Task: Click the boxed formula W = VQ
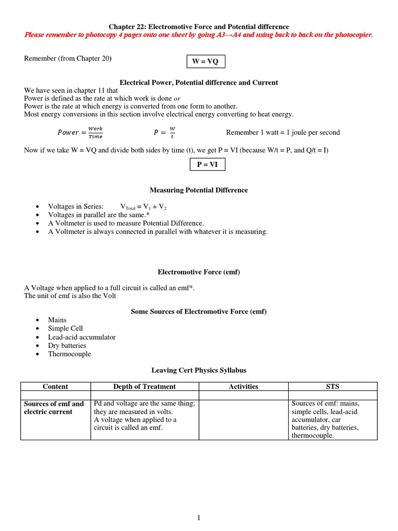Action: [206, 62]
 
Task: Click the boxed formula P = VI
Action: [206, 164]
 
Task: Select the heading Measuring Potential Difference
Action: [199, 190]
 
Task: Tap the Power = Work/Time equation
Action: [80, 132]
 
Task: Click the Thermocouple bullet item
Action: [69, 354]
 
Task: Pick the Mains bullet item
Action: [58, 320]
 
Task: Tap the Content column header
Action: [55, 386]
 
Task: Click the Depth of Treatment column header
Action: [145, 386]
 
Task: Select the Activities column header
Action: [244, 386]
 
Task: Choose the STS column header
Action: [333, 386]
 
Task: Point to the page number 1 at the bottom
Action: [199, 518]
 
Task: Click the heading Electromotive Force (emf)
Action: [199, 272]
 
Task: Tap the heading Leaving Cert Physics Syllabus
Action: [199, 370]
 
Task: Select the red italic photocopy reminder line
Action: [199, 35]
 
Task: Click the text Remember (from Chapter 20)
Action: [68, 59]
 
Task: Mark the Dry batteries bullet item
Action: [67, 345]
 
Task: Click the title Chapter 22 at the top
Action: [199, 26]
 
